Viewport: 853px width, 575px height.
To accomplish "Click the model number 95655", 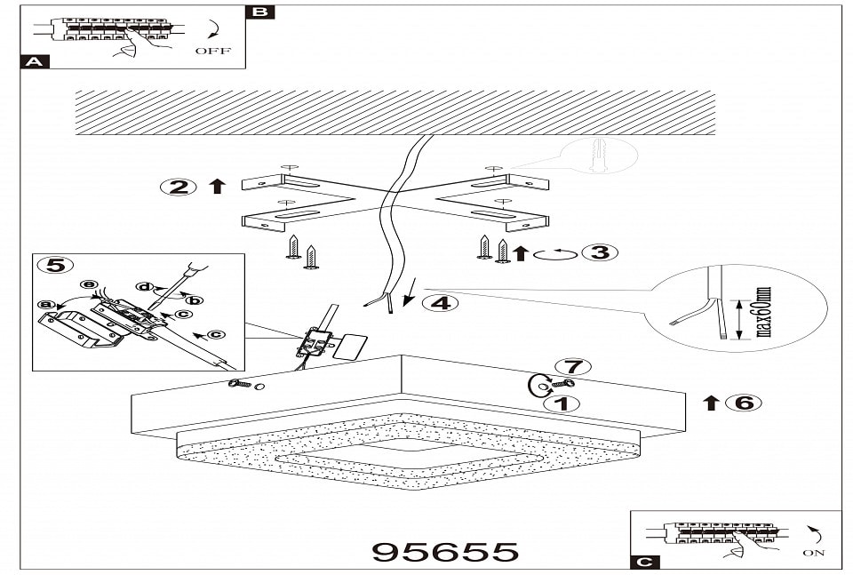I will point(444,552).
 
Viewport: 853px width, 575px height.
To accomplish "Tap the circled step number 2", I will point(179,187).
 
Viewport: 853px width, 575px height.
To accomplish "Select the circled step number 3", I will point(600,252).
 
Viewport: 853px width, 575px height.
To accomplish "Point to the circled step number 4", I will point(440,303).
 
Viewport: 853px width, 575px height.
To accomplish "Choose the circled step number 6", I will point(743,403).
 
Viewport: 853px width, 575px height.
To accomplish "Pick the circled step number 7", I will point(572,366).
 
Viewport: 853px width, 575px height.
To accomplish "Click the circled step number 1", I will point(561,403).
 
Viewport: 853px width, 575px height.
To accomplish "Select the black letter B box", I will point(259,12).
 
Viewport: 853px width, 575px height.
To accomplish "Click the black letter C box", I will point(643,562).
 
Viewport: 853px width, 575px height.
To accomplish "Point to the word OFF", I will point(212,52).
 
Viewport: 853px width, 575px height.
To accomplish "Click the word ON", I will point(813,553).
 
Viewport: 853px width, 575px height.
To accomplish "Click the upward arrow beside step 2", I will point(216,187).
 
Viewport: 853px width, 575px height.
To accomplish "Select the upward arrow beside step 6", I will point(711,403).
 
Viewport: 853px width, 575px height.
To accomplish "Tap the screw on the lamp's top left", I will point(241,383).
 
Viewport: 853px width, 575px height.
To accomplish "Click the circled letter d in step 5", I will point(143,287).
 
